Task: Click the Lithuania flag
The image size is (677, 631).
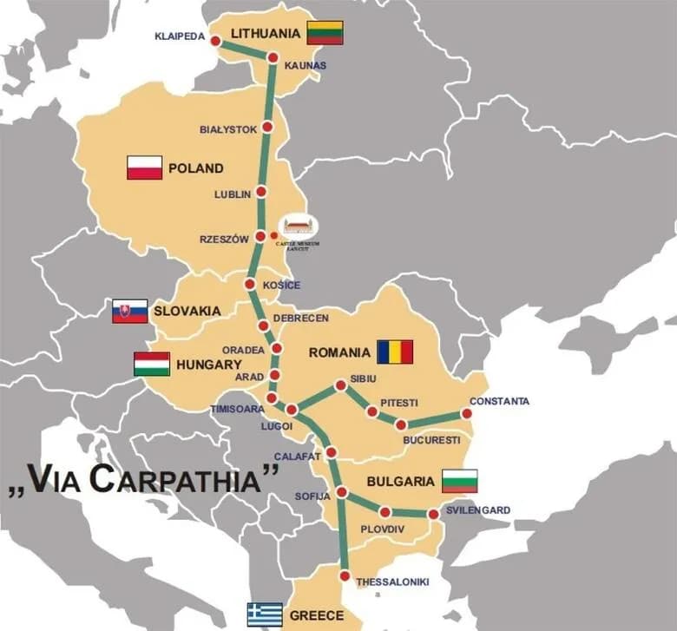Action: point(325,33)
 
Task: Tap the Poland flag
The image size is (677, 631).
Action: point(144,168)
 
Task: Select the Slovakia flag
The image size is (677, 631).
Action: point(129,311)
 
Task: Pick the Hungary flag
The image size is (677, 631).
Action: point(152,364)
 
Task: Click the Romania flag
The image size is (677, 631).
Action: point(395,352)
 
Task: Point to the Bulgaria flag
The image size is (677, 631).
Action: point(459,480)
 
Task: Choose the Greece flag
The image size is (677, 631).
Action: point(265,615)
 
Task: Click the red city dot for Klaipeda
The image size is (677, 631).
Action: point(215,41)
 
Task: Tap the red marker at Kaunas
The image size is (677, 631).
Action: point(273,58)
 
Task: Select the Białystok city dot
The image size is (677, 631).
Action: point(267,127)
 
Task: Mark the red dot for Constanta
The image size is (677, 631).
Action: point(467,414)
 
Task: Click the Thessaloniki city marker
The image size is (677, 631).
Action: point(345,576)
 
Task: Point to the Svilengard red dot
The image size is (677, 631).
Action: point(433,514)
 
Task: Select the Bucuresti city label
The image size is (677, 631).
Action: point(431,440)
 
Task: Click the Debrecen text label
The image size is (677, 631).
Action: point(300,319)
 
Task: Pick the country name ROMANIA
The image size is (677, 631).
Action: point(339,352)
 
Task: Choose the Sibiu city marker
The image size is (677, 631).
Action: point(340,385)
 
